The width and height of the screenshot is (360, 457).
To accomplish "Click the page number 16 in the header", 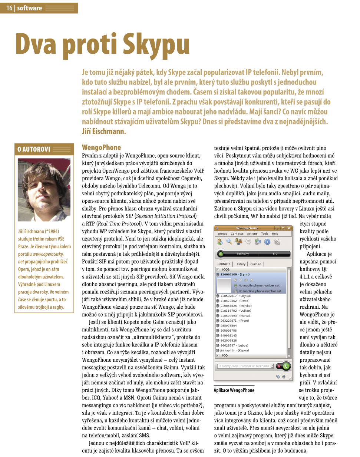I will coord(9,8).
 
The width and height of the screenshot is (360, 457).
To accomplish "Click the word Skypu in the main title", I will coord(156,45).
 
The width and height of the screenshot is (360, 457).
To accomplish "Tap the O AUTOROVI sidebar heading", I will coord(34,149).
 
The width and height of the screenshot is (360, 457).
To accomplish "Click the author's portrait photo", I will coord(44,190).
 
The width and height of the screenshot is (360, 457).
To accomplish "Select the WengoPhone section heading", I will coord(101,147).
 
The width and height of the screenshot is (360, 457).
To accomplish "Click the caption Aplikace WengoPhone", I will coord(234,390).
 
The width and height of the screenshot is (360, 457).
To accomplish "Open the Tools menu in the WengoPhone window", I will coord(264,234).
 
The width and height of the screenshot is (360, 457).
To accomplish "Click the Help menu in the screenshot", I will coord(275,234).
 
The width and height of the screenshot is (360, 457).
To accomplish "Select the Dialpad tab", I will coord(256,264).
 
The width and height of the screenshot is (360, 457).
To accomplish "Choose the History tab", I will coord(241,264).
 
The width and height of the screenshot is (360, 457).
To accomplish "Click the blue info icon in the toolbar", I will coord(267,242).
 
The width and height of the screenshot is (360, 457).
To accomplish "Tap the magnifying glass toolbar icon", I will coord(229,242).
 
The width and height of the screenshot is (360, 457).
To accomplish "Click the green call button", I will coord(286,366).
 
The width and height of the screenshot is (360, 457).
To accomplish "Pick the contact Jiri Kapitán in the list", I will coord(234,350).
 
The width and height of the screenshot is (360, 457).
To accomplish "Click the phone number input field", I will coord(245,366).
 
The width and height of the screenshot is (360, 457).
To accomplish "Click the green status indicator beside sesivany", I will coord(221,254).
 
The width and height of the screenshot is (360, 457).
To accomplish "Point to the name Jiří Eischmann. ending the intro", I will coord(104,131).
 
